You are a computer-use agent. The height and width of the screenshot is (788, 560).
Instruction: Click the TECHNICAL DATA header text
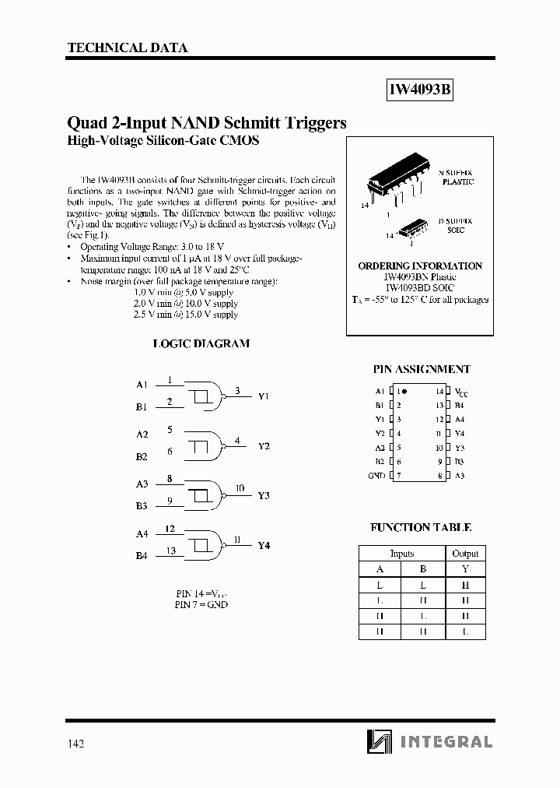128,47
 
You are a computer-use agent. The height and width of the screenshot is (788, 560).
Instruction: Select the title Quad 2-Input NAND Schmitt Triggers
207,123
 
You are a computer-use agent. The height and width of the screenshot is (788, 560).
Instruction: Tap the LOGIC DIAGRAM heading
201,343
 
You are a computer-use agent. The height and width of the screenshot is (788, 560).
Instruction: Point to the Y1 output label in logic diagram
264,396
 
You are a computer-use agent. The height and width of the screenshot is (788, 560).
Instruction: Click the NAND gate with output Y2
205,445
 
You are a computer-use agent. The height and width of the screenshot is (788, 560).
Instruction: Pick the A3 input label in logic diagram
142,484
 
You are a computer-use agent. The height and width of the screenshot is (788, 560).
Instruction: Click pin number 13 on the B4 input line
170,551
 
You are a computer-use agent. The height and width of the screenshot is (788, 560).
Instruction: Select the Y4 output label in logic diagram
264,545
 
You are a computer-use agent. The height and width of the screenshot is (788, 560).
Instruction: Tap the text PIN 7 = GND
201,604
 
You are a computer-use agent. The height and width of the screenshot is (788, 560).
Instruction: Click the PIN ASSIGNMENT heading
422,369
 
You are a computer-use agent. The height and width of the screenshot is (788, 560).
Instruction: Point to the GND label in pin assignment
376,476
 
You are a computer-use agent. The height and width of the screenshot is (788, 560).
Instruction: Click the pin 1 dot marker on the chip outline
404,392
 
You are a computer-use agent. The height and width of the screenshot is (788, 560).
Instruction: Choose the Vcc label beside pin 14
461,392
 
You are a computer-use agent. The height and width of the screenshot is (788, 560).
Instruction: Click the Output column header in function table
465,553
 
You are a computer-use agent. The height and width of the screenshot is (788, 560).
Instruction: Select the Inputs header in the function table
401,553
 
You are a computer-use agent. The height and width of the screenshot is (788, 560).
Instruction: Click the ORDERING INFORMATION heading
420,266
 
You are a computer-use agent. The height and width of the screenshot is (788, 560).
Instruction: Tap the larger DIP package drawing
395,181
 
